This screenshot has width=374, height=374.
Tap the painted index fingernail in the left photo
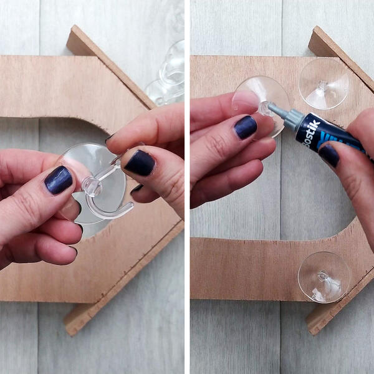141,163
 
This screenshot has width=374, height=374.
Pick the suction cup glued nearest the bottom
324,277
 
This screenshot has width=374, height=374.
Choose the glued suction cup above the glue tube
324,84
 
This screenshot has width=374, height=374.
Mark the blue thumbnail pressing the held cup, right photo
246,127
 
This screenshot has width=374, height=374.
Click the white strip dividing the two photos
187,187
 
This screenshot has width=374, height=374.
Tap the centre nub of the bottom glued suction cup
322,275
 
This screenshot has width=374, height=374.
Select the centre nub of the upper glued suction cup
322,86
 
